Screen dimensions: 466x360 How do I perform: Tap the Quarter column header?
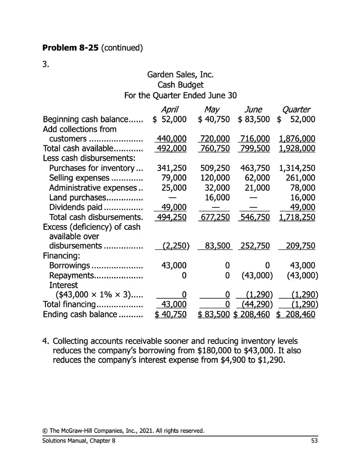pyautogui.click(x=296, y=109)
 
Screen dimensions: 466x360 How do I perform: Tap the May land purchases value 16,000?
pyautogui.click(x=218, y=197)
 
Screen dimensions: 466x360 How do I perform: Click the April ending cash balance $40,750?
pyautogui.click(x=170, y=314)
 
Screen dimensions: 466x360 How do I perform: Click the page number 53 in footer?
pyautogui.click(x=314, y=440)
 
